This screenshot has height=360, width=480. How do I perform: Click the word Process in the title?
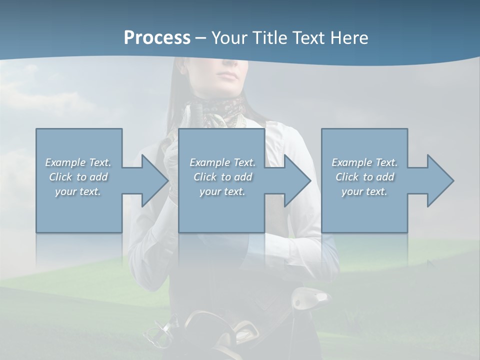click(157, 38)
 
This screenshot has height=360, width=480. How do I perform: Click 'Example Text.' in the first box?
click(78, 162)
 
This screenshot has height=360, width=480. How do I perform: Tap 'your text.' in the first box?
click(78, 191)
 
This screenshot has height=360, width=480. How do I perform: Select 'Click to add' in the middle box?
click(223, 177)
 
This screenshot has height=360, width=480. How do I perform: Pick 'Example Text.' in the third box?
click(365, 162)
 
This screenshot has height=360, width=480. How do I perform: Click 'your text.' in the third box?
click(365, 191)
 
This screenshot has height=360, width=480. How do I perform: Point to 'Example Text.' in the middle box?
click(223, 162)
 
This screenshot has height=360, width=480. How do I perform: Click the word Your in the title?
click(228, 38)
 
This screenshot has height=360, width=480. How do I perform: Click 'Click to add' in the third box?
click(365, 177)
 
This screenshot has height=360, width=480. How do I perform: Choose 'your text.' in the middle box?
click(223, 191)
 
